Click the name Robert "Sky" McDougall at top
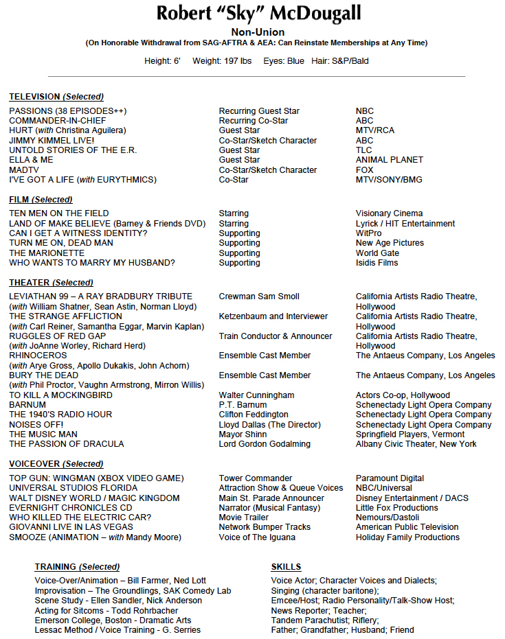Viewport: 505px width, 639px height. [258, 13]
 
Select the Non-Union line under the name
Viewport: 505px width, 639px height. [258, 32]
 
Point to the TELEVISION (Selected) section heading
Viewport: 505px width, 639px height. [56, 97]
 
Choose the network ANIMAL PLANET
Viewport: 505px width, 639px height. [390, 160]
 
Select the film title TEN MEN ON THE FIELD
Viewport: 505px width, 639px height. [59, 213]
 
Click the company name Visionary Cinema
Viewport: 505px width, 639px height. [389, 213]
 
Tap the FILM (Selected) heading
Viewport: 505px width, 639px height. [41, 200]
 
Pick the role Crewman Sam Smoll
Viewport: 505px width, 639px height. [259, 297]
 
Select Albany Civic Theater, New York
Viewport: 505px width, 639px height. [416, 444]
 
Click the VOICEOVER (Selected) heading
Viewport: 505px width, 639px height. [56, 464]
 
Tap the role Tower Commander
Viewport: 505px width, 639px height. [256, 478]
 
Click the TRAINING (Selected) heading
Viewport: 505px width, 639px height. [77, 567]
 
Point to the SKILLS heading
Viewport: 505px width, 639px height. [286, 567]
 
